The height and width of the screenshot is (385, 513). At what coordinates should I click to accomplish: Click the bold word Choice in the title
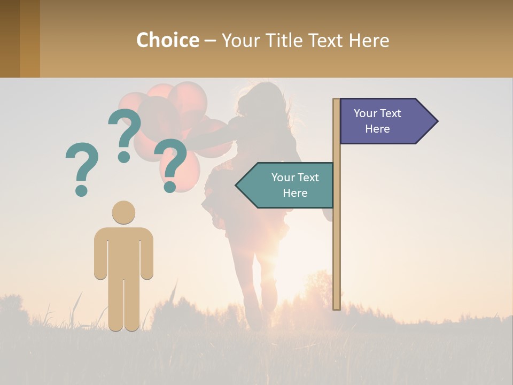click(167, 40)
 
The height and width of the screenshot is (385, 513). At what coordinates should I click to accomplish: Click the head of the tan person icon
click(123, 212)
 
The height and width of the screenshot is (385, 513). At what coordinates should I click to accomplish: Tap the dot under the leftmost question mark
click(81, 190)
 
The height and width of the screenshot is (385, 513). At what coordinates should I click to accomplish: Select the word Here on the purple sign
click(377, 129)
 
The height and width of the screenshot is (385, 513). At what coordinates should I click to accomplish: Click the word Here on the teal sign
click(295, 193)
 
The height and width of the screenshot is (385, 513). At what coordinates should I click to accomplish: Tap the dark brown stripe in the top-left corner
click(10, 38)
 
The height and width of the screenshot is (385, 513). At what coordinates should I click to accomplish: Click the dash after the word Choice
click(210, 41)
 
